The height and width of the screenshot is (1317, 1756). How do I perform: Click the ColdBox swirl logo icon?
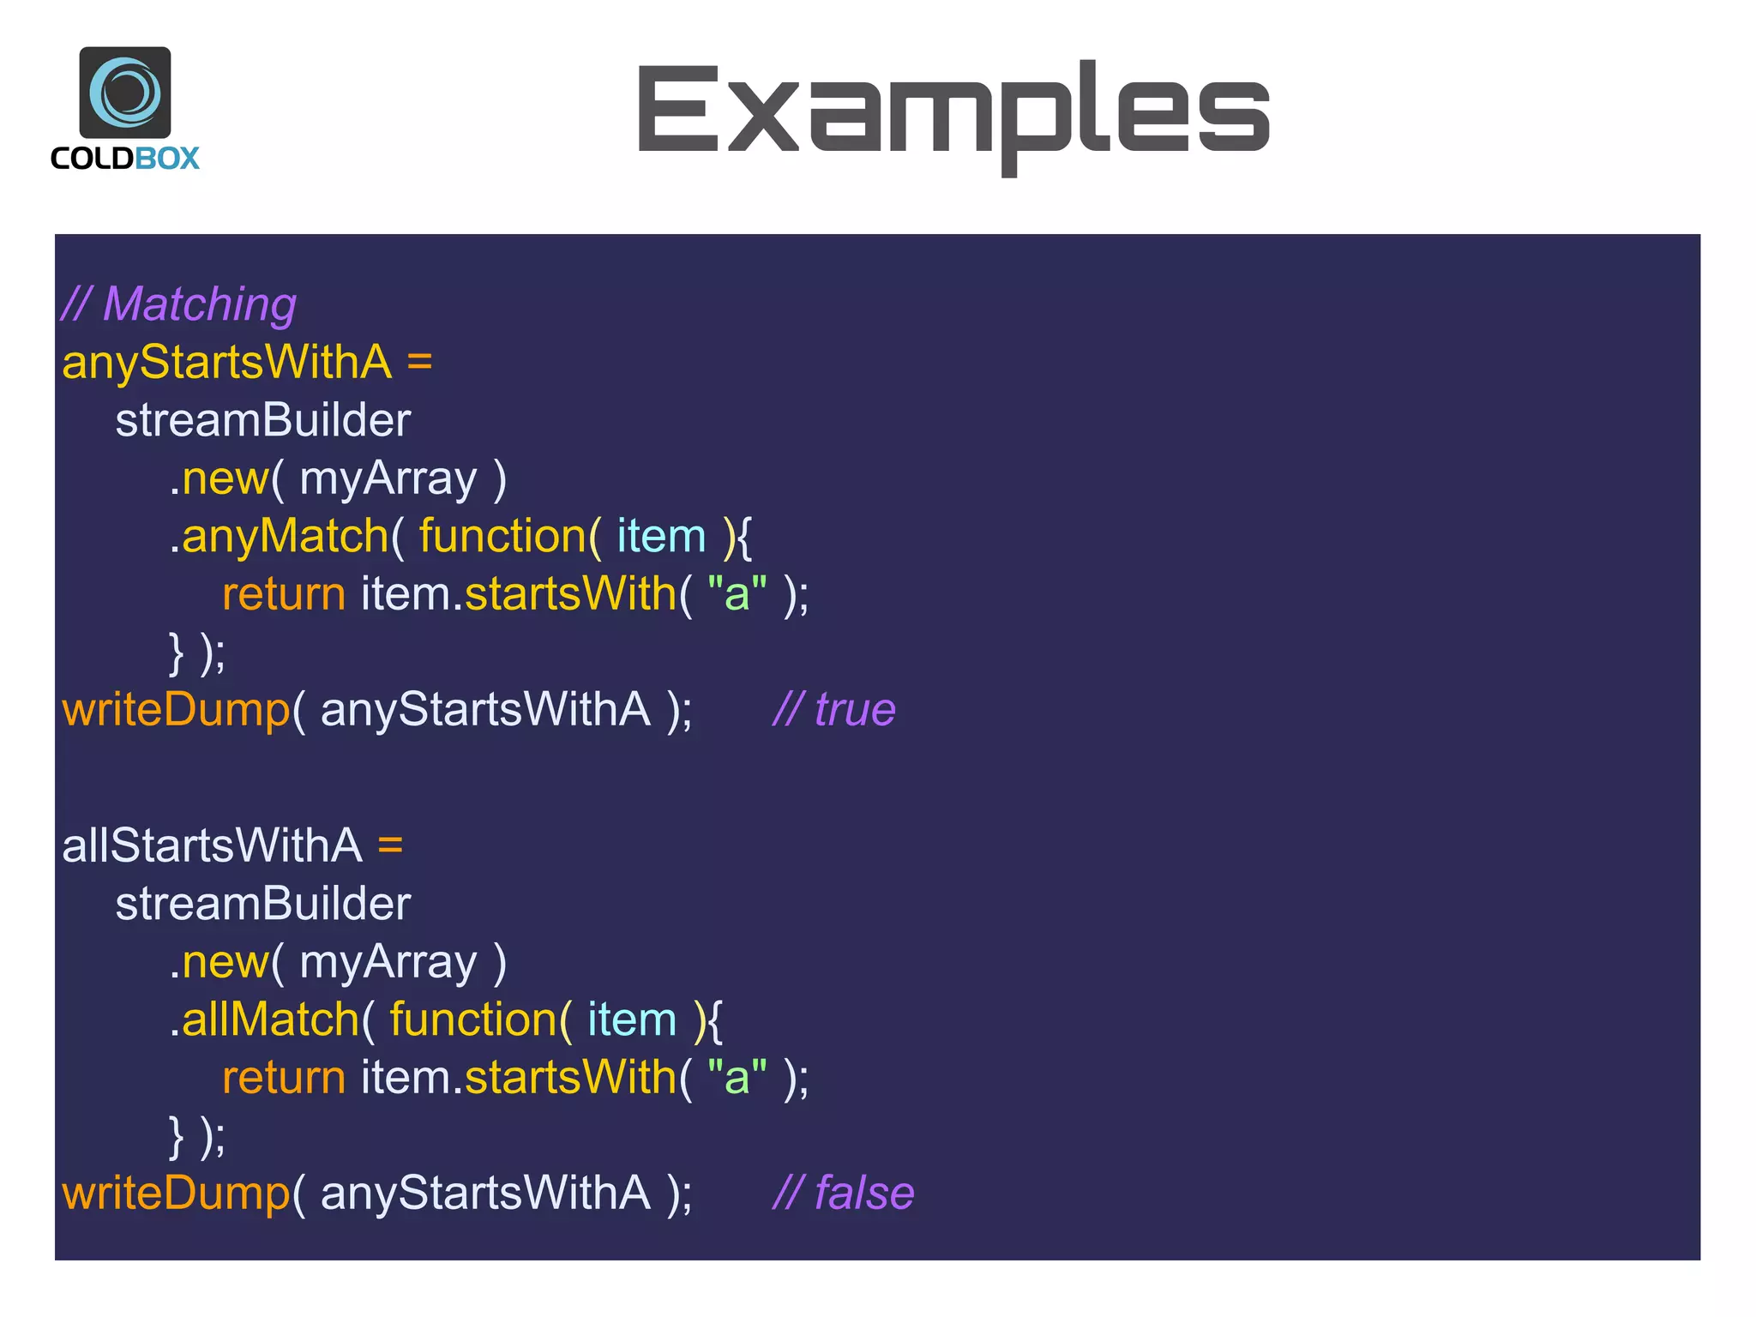[x=125, y=93]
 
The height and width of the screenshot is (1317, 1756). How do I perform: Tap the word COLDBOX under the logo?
[x=125, y=159]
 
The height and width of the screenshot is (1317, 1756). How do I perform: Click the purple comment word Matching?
[x=199, y=304]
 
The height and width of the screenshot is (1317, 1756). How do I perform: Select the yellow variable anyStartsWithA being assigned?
[x=226, y=362]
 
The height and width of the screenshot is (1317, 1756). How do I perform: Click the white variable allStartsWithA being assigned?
[x=212, y=845]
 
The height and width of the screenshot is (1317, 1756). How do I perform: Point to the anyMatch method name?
[x=285, y=537]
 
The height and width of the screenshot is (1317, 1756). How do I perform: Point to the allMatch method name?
[x=270, y=1020]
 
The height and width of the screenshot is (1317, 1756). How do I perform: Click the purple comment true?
[x=854, y=710]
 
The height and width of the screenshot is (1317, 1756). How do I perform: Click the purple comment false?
[x=863, y=1194]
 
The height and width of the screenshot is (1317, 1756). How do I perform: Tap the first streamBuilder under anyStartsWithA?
[x=263, y=420]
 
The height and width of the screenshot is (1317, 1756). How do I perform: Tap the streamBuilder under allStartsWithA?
[x=263, y=904]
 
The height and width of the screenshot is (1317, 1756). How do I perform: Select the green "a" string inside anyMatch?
[x=737, y=594]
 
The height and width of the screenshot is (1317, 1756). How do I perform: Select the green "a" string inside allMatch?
[x=737, y=1078]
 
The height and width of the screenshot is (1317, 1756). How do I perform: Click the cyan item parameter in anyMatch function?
[x=661, y=537]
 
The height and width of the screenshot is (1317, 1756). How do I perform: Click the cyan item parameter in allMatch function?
[x=632, y=1020]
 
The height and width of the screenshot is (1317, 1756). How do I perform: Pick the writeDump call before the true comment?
[x=176, y=710]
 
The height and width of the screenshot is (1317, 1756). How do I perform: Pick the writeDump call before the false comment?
[x=176, y=1194]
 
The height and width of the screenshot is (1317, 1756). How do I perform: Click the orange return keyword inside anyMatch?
[x=284, y=594]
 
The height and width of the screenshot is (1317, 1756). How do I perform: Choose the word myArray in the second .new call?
[x=388, y=962]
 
